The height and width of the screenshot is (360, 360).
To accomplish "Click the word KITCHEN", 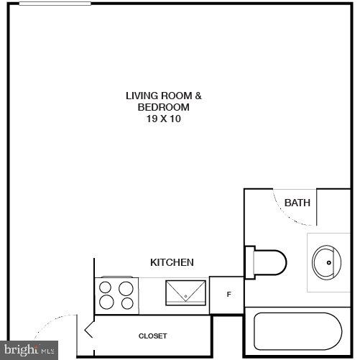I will point(171,262).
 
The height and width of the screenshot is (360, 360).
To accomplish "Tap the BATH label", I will point(297,203).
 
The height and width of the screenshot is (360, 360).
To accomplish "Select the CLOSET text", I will point(152,336).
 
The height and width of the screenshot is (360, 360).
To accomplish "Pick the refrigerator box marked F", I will point(228,295).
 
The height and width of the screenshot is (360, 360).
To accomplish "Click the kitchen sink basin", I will point(187,294).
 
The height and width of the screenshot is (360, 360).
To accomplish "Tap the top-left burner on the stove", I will point(107,288).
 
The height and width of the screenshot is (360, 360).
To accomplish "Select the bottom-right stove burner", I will point(127,303).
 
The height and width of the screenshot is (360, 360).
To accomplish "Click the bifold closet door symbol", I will point(88,331).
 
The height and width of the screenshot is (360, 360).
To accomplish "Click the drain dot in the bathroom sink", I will point(329,262).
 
